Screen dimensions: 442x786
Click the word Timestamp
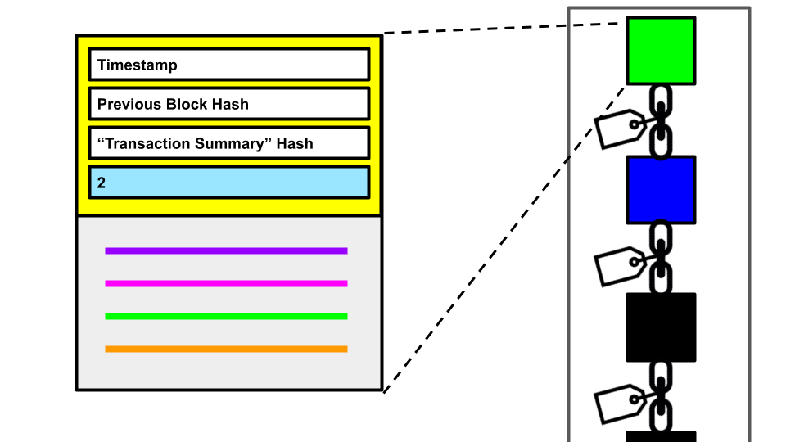pyautogui.click(x=137, y=65)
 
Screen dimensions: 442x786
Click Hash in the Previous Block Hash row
pyautogui.click(x=230, y=105)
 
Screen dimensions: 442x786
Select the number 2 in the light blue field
pyautogui.click(x=102, y=183)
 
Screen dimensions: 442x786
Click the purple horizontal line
pyautogui.click(x=226, y=250)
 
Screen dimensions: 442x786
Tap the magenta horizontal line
pyautogui.click(x=226, y=283)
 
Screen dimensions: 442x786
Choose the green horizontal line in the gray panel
pyautogui.click(x=226, y=316)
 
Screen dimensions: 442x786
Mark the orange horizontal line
pyautogui.click(x=226, y=349)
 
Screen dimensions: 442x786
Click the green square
pyautogui.click(x=661, y=51)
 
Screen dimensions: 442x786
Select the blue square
pyautogui.click(x=661, y=190)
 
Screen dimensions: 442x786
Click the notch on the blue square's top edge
pyautogui.click(x=661, y=160)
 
